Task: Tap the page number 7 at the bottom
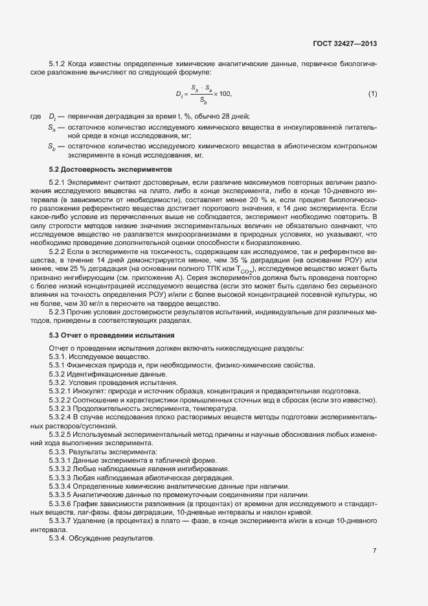click(374, 551)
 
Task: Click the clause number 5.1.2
click(59, 65)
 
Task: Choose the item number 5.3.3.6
click(62, 503)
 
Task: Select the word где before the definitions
click(36, 116)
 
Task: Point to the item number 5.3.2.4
click(62, 419)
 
